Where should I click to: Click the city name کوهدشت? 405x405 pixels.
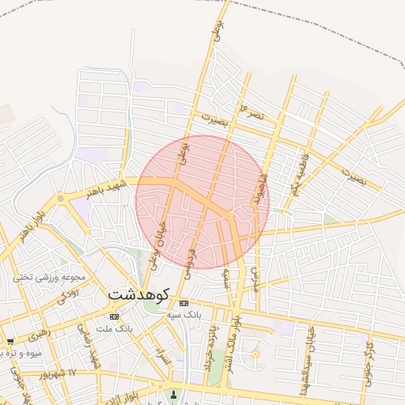click(138, 294)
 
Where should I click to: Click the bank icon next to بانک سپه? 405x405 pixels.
click(184, 303)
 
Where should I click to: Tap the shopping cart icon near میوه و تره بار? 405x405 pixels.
click(10, 342)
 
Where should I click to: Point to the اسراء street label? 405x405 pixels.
click(163, 357)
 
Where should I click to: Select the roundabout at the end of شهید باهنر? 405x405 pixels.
click(60, 199)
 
